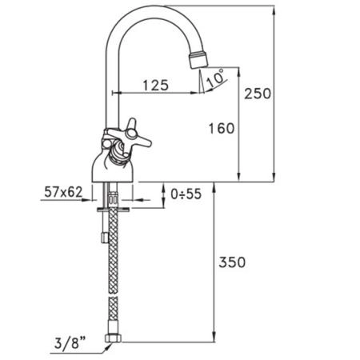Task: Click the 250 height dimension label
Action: point(258,94)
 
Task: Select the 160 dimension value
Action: point(222,128)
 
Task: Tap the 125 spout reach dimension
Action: point(156,86)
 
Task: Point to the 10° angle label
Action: point(215,78)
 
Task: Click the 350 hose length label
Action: point(232,262)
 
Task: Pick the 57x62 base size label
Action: point(63,192)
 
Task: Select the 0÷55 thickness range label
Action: point(186,194)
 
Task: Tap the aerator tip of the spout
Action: point(198,58)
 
